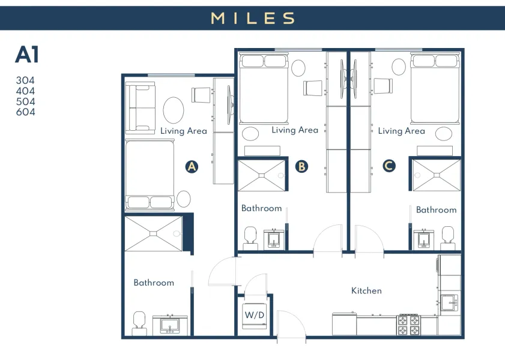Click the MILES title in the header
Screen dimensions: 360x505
pyautogui.click(x=253, y=18)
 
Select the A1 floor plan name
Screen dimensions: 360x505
pyautogui.click(x=28, y=55)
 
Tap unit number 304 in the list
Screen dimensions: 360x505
pyautogui.click(x=25, y=80)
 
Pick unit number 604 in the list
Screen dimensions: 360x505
pyautogui.click(x=25, y=112)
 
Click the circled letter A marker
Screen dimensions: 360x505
pyautogui.click(x=192, y=167)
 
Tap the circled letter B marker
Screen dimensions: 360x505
pyautogui.click(x=301, y=166)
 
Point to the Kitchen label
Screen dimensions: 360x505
pyautogui.click(x=366, y=290)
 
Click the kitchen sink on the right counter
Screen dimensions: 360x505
pyautogui.click(x=448, y=302)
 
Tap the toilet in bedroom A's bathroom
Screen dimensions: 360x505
pyautogui.click(x=139, y=322)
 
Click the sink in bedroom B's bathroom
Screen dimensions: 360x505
pyautogui.click(x=274, y=239)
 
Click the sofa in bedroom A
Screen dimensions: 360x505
pyautogui.click(x=139, y=108)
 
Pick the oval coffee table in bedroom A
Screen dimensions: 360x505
pyautogui.click(x=174, y=110)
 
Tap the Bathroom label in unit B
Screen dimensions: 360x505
pyautogui.click(x=261, y=208)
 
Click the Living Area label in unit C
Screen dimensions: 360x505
pyautogui.click(x=401, y=131)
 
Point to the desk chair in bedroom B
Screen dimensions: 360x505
pyautogui.click(x=312, y=88)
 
